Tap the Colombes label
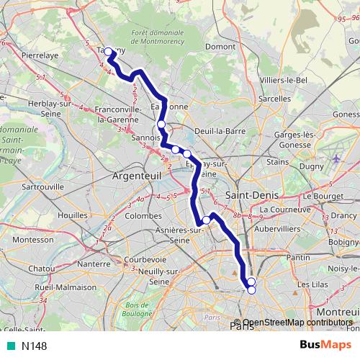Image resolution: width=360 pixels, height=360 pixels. coord(143,215)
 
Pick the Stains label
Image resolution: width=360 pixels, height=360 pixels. coord(277,163)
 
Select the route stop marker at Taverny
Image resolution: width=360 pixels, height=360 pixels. coord(109,52)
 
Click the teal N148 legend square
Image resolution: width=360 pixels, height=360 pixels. coord(7,346)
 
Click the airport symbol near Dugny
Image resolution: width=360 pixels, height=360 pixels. coord(337,158)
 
